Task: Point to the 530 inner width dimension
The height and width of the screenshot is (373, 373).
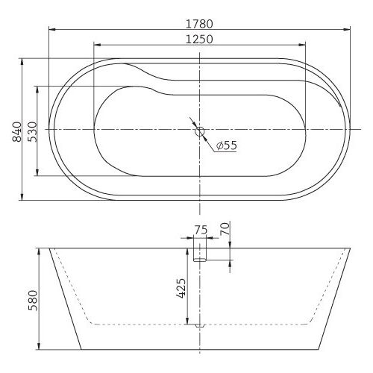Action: point(30,131)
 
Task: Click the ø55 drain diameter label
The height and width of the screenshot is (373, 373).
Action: point(226,146)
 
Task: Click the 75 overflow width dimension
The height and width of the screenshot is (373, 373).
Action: point(199,230)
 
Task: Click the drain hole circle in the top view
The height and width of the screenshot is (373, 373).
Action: point(199,131)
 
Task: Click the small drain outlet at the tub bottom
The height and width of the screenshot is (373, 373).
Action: point(199,326)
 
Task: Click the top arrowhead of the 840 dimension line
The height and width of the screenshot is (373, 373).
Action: point(20,60)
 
